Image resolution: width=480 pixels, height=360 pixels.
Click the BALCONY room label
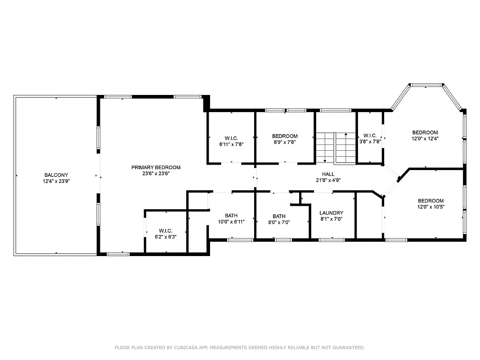pyautogui.click(x=56, y=175)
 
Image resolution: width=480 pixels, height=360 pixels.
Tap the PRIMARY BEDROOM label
pyautogui.click(x=156, y=167)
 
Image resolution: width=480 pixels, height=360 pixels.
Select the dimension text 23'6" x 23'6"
pyautogui.click(x=156, y=173)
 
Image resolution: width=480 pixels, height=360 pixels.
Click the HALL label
pyautogui.click(x=328, y=174)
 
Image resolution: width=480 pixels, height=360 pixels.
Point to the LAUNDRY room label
pyautogui.click(x=331, y=213)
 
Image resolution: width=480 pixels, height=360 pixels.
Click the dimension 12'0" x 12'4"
pyautogui.click(x=425, y=139)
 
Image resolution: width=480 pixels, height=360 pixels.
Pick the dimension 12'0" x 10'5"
pyautogui.click(x=431, y=207)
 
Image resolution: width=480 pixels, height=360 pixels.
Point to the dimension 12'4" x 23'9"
pyautogui.click(x=56, y=181)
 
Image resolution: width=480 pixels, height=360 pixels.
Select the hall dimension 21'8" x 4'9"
pyautogui.click(x=328, y=180)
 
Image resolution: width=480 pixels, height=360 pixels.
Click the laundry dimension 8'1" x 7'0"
pyautogui.click(x=331, y=219)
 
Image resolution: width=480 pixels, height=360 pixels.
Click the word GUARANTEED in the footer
pyautogui.click(x=347, y=347)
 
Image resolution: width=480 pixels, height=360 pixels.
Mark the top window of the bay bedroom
pyautogui.click(x=426, y=85)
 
